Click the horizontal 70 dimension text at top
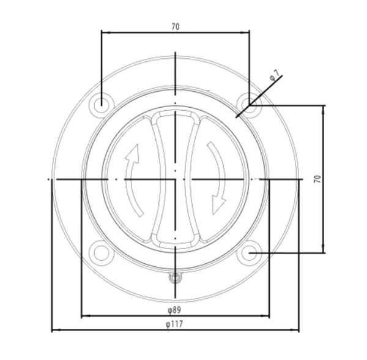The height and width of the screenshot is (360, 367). coord(176,27)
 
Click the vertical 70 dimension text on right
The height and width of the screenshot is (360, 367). coord(317,179)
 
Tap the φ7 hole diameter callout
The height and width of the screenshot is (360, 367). coord(275,76)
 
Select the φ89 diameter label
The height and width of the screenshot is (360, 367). coord(175,311)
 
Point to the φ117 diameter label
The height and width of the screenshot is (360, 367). coord(175,324)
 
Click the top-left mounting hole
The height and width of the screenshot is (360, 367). coord(101,104)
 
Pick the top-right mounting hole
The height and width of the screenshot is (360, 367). coord(250,104)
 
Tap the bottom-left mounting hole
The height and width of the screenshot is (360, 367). coord(100,252)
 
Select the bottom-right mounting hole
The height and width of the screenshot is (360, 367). coord(250,252)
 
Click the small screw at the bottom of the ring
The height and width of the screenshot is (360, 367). coord(176,279)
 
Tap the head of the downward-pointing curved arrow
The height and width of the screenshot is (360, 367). coord(217,206)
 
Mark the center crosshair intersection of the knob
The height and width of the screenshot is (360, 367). coord(176,179)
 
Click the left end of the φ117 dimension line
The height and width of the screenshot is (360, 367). coord(52,330)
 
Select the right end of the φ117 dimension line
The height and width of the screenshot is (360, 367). coord(298,330)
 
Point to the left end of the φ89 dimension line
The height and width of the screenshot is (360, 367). coord(81,317)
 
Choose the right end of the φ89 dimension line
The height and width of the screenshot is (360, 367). coord(269,317)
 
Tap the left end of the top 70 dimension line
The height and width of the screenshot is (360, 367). coord(102,32)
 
